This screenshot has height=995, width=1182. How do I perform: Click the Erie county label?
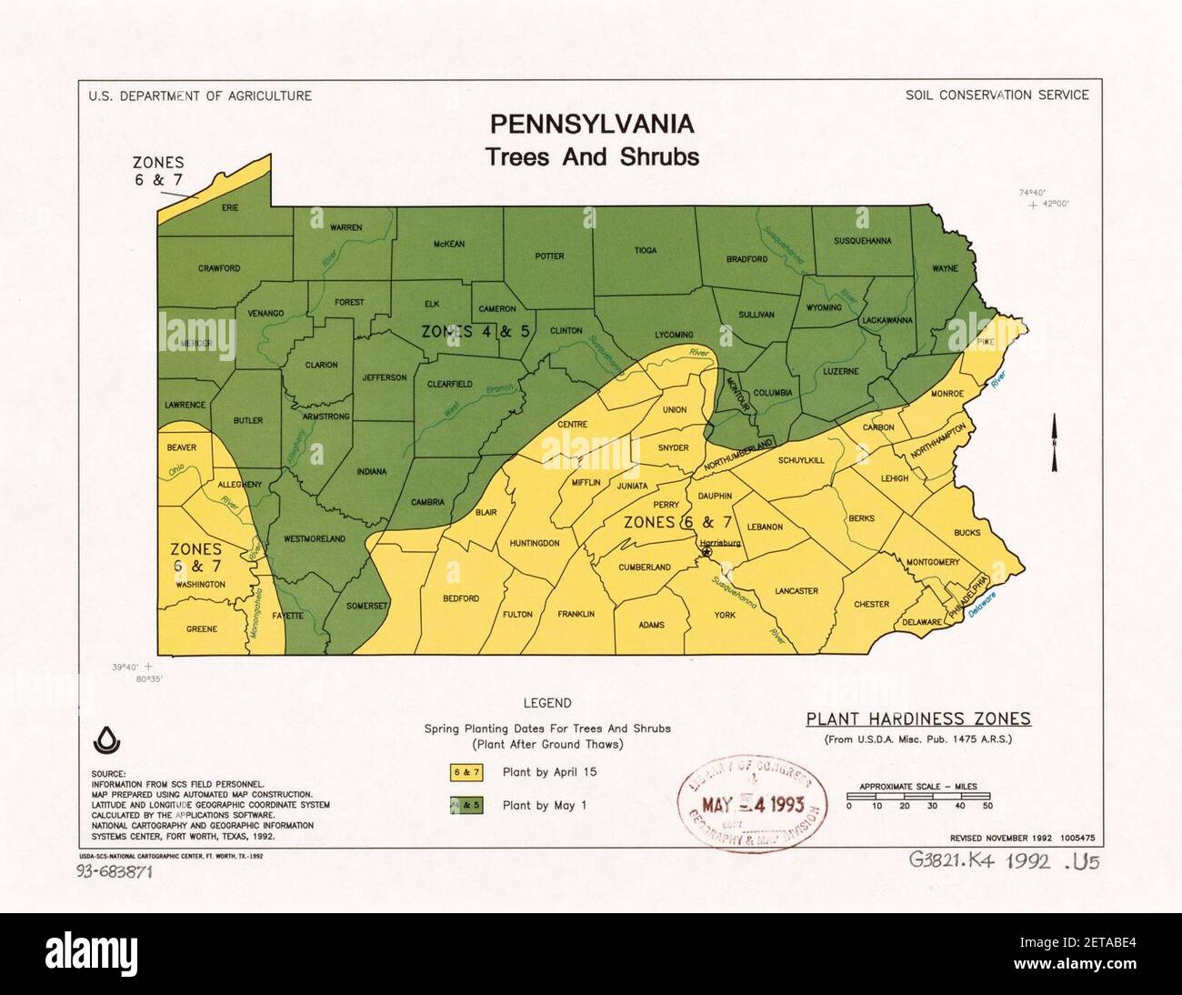(230, 207)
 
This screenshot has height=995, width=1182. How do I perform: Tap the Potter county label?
(549, 256)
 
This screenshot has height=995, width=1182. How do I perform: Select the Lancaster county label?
(796, 591)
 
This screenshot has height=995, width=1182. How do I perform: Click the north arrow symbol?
(1054, 443)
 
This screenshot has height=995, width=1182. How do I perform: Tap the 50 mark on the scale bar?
(987, 806)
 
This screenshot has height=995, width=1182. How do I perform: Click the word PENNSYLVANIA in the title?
(592, 124)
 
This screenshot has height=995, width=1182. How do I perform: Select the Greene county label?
(202, 629)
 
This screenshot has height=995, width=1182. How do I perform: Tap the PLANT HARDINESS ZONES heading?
(918, 719)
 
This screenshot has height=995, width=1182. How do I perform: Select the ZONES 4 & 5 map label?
(476, 331)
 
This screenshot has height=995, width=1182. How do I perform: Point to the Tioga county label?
(645, 250)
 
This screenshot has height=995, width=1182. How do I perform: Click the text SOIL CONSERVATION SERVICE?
(997, 95)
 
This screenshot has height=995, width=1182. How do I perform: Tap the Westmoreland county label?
(315, 538)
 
